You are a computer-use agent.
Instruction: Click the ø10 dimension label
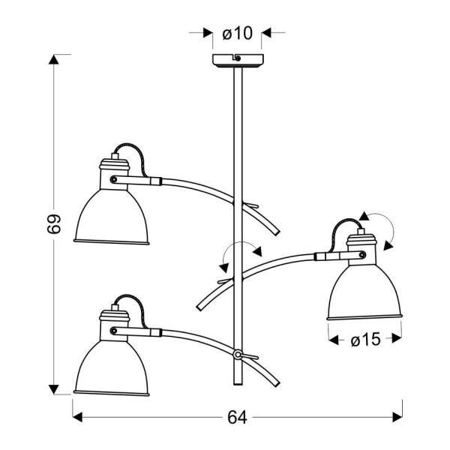point(237,33)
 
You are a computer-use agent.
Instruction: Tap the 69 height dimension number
point(54,223)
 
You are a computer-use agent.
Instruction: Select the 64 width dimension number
point(237,418)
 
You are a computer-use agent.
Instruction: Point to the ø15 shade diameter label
point(365,340)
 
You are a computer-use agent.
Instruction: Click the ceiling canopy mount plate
point(238,60)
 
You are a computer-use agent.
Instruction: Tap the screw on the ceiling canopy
point(238,58)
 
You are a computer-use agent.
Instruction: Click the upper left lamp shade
point(112,217)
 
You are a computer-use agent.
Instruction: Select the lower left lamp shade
point(112,368)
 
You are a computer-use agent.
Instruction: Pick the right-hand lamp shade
point(364,292)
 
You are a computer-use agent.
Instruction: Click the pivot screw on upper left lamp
point(114,180)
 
